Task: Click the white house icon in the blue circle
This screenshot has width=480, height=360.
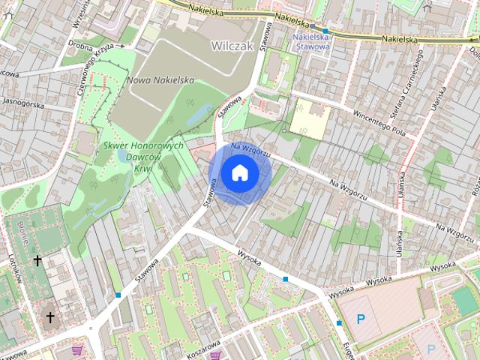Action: [x=239, y=173]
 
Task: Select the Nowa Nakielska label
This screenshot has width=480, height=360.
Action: [x=160, y=80]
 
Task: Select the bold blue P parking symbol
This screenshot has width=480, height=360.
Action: [x=361, y=319]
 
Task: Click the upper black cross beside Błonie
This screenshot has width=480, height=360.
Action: [x=37, y=260]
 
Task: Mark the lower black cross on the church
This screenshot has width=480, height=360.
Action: [x=50, y=317]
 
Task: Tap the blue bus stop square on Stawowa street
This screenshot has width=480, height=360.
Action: [x=118, y=295]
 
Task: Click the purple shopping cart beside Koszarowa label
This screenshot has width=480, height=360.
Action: [x=216, y=355]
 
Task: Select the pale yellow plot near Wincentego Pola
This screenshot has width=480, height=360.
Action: [x=310, y=118]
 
